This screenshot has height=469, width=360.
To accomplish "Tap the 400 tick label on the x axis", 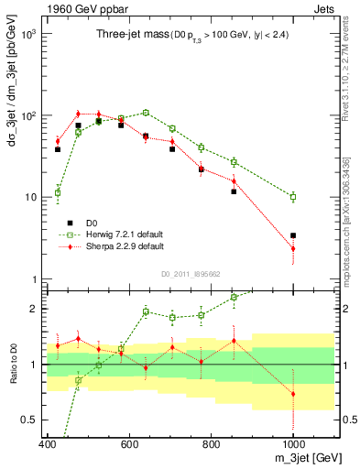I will pos(48,444).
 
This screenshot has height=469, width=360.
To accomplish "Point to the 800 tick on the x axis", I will pos(212,444).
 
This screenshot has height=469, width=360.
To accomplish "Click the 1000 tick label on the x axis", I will pos(292,444).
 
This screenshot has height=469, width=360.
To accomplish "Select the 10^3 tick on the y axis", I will pos(28,34).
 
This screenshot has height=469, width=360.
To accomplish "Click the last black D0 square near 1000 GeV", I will pos(293,235).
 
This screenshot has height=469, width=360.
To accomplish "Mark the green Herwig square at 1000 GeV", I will pos(293,197).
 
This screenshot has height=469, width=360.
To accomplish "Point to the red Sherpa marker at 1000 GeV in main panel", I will pos(293,249).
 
